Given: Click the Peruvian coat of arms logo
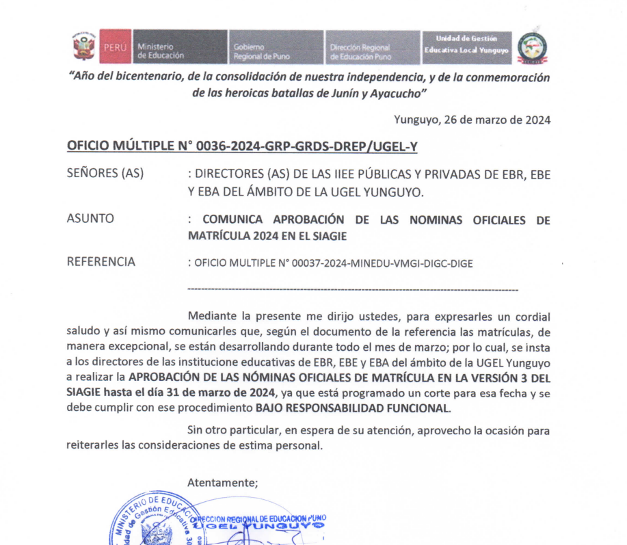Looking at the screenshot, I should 84,46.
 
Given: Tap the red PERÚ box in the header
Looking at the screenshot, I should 114,46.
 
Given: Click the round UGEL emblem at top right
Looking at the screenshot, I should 532,46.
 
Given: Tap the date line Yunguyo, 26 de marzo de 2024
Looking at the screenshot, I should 472,120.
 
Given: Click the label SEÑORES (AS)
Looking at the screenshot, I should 105,174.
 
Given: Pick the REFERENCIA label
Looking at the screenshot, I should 101,262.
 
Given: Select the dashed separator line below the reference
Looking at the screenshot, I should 352,291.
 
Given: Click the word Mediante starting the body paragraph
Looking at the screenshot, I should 209,317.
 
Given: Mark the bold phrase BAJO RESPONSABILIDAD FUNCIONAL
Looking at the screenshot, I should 353,408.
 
